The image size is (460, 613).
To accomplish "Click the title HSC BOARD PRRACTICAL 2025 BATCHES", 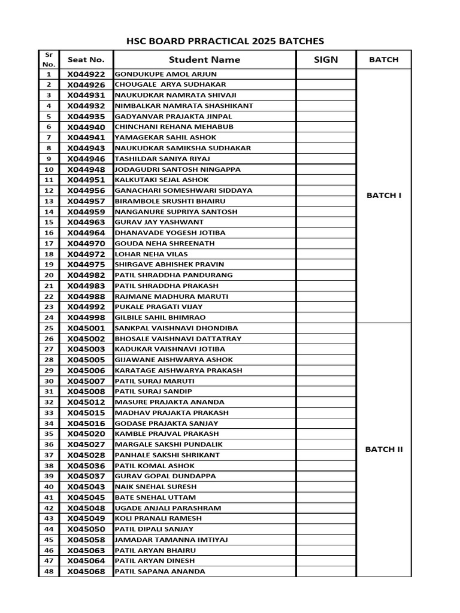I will click(225, 41).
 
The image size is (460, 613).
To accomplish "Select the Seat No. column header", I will click(86, 60).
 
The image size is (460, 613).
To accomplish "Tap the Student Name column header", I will click(204, 60).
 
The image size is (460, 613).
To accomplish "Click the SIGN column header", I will click(326, 60).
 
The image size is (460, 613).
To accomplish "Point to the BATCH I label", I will click(384, 195).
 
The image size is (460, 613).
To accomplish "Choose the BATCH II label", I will click(384, 450).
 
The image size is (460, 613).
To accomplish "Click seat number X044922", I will click(86, 74).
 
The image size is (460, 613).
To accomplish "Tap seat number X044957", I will click(86, 201).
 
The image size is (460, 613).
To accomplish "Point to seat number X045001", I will click(86, 328).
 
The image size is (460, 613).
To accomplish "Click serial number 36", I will click(49, 444).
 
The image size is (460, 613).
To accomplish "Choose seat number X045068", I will click(86, 572).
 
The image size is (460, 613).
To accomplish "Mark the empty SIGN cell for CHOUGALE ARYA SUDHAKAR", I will click(326, 85).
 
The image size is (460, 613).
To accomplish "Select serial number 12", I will click(49, 190).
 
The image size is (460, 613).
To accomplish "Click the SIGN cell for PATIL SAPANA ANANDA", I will click(326, 572).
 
